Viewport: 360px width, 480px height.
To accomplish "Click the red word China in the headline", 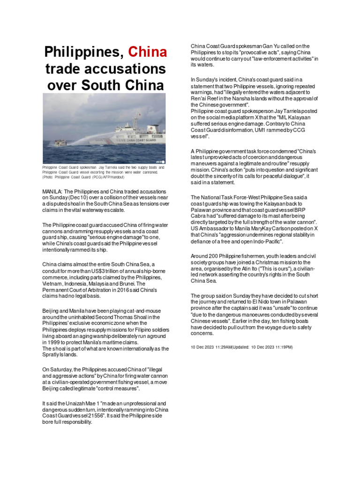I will [148, 52].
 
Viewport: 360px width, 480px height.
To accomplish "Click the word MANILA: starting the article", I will [52, 192].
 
